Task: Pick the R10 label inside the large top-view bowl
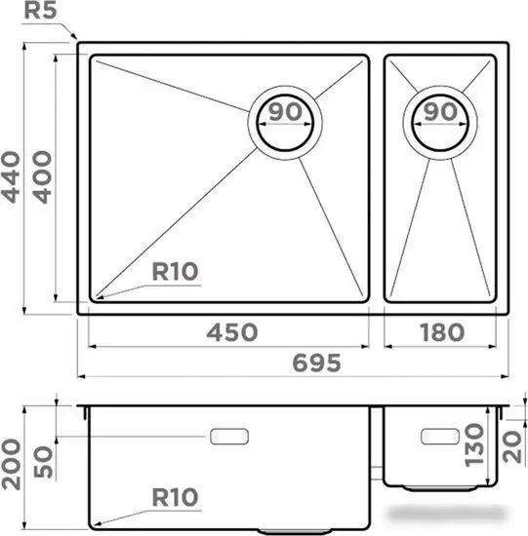coord(176,273)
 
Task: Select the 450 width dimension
coord(230,332)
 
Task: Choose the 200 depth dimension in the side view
coord(14,465)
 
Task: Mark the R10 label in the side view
coord(176,498)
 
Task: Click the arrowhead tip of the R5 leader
coord(76,39)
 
